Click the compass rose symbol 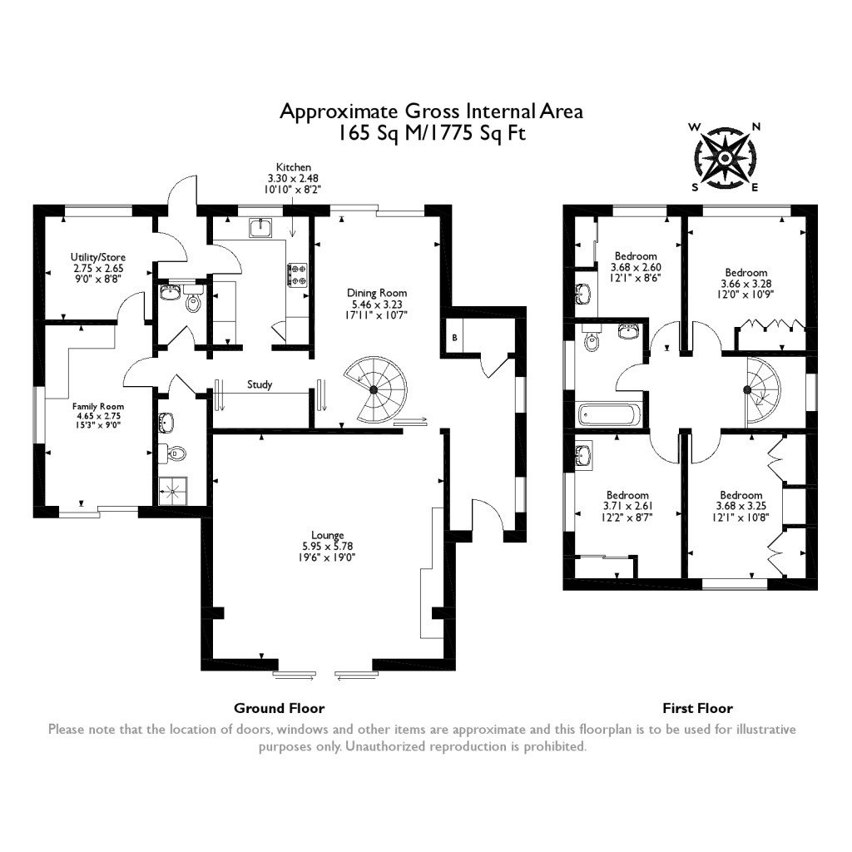pos(725,157)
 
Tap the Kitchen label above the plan pos(294,167)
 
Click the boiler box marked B pos(454,337)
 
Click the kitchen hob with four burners pos(296,275)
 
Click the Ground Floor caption pos(279,708)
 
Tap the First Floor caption pos(697,708)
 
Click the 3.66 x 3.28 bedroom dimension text pos(745,283)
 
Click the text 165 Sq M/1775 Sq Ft pos(431,133)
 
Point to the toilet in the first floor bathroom pos(592,341)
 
